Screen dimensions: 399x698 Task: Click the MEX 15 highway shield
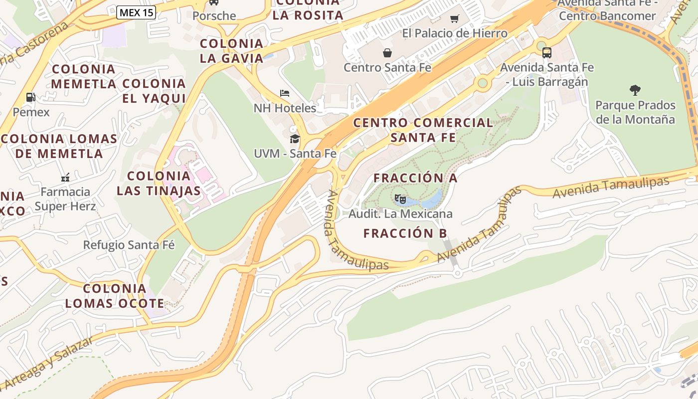tap(136, 12)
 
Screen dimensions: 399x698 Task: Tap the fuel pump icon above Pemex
tap(31, 97)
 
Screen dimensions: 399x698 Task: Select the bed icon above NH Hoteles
tap(285, 93)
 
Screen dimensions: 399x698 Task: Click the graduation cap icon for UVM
tap(295, 138)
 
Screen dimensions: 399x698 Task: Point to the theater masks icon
tap(400, 199)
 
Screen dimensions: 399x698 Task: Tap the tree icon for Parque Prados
tap(635, 90)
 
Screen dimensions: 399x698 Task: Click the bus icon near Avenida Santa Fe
tap(547, 52)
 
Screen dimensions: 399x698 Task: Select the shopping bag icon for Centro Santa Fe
tap(387, 52)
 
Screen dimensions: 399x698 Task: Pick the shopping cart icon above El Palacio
tap(454, 19)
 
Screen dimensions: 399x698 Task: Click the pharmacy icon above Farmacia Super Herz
tap(65, 177)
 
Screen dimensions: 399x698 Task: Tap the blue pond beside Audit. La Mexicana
tap(432, 199)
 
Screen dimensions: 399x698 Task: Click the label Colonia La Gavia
tap(231, 51)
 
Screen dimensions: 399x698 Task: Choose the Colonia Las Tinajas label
tap(159, 183)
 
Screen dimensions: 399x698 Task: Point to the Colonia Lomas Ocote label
tap(114, 296)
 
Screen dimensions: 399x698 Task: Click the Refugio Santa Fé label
tap(129, 245)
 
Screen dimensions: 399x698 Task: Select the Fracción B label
tap(405, 233)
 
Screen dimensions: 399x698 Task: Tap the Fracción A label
tap(415, 178)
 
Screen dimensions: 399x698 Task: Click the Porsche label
tap(214, 16)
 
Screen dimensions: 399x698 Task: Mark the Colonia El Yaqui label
tap(154, 91)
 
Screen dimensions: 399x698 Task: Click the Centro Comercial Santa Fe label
tap(423, 130)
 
